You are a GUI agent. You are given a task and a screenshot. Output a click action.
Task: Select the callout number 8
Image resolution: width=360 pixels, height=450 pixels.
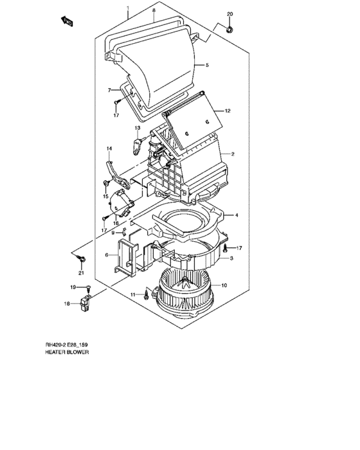[154, 12]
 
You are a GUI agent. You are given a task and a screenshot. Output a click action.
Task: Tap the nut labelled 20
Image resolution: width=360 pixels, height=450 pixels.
[231, 28]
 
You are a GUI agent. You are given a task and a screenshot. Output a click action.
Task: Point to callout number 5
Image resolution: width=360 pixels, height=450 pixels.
[207, 65]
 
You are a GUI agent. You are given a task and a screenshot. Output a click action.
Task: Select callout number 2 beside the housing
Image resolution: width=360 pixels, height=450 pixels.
[232, 154]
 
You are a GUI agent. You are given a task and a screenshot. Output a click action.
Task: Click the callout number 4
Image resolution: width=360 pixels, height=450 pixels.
[236, 215]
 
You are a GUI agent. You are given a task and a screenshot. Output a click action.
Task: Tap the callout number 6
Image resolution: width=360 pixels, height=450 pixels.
[107, 255]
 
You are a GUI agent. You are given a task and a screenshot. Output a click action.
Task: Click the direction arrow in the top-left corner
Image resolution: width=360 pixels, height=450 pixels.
[66, 22]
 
